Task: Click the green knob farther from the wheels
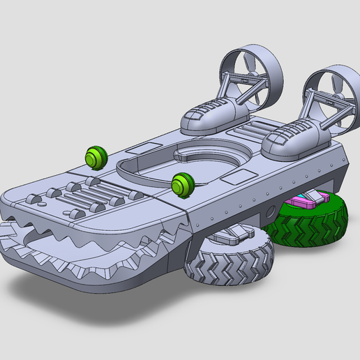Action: click(x=95, y=158)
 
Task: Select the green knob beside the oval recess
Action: click(x=183, y=184)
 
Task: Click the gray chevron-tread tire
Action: click(x=230, y=264)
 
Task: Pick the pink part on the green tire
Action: click(x=307, y=202)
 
